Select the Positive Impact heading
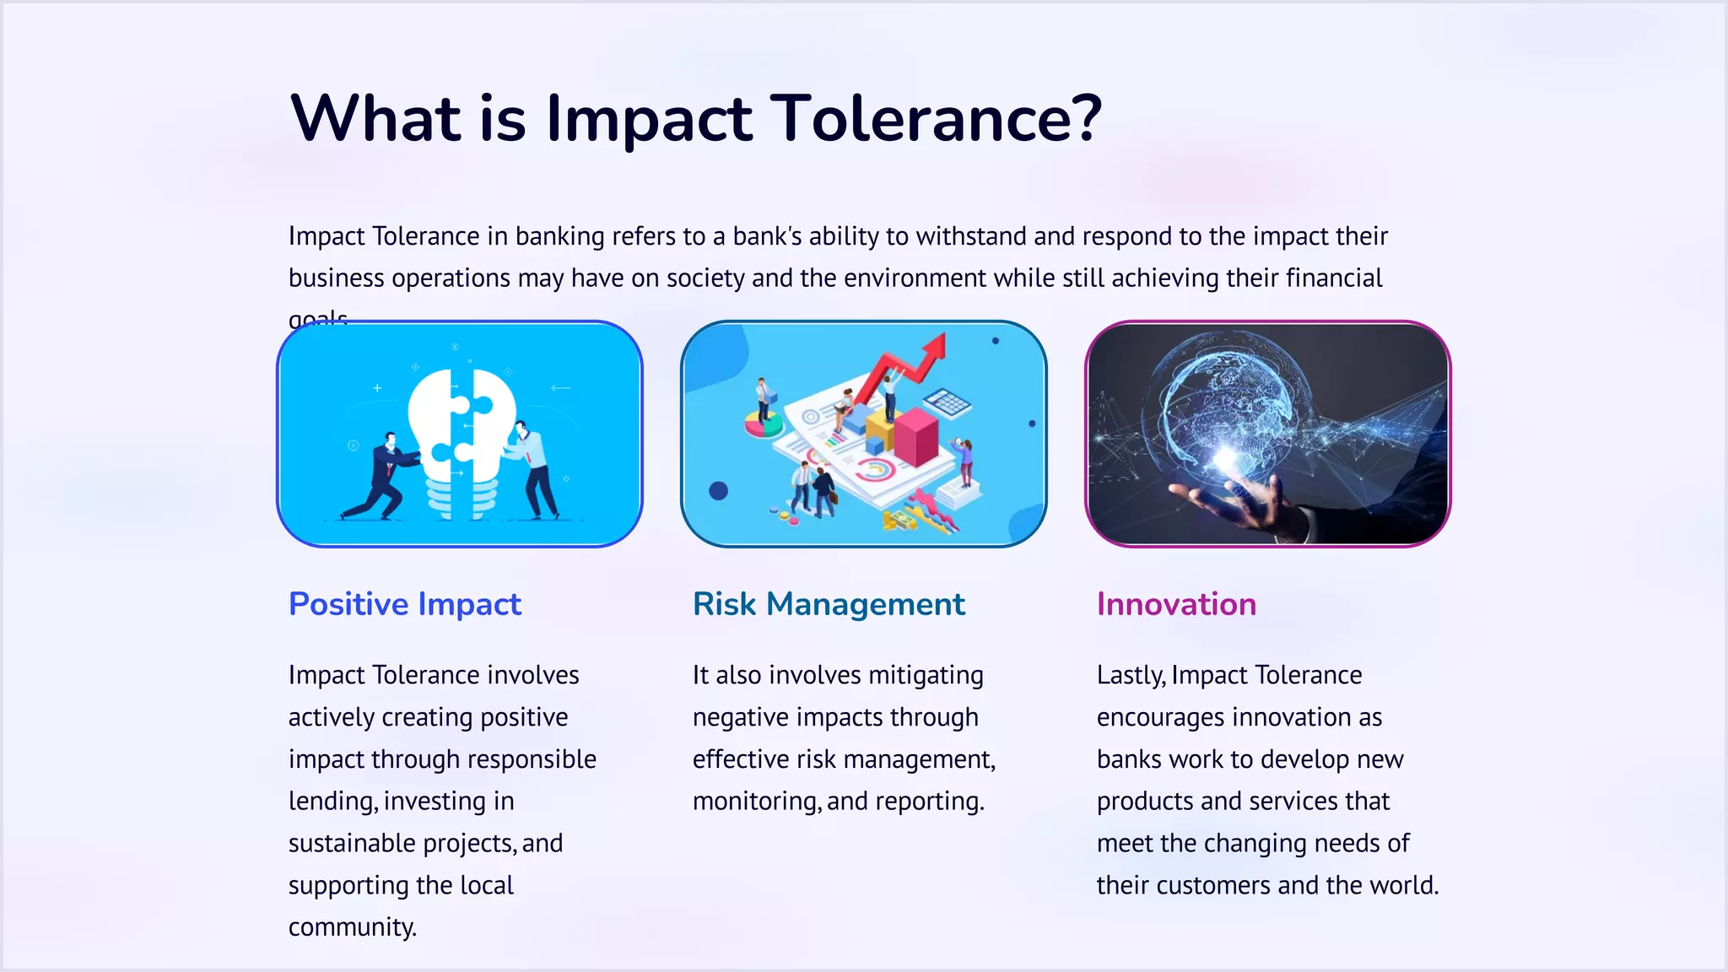point(405,604)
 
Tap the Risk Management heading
point(829,604)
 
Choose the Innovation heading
point(1176,604)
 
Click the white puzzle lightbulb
point(461,439)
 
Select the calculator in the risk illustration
point(948,403)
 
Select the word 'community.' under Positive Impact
point(353,927)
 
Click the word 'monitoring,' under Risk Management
point(756,801)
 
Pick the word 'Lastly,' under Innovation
point(1131,675)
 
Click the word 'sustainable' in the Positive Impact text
point(352,843)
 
